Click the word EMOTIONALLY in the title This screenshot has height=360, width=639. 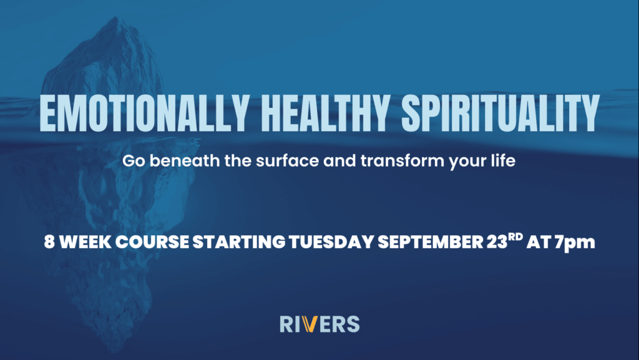144,113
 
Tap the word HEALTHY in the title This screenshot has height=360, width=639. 324,113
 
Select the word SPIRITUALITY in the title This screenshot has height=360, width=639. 500,113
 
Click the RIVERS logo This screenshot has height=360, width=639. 319,324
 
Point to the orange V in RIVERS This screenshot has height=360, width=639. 310,324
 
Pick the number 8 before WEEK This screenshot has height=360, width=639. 49,242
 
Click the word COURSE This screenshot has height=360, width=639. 152,242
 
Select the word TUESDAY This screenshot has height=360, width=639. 331,242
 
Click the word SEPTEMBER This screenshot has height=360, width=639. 431,242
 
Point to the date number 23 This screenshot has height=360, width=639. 497,242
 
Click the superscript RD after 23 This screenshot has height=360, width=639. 515,236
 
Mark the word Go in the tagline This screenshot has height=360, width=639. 134,160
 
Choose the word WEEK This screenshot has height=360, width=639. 85,242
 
